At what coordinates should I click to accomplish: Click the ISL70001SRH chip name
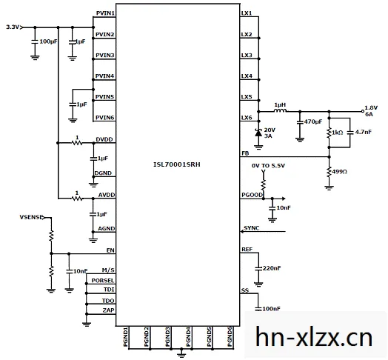pyautogui.click(x=177, y=164)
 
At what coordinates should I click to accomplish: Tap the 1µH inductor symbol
pyautogui.click(x=281, y=110)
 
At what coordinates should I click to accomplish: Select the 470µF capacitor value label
pyautogui.click(x=313, y=121)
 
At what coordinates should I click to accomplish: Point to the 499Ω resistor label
pyautogui.click(x=339, y=172)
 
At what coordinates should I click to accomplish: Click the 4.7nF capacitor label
pyautogui.click(x=364, y=132)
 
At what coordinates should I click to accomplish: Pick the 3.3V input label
pyautogui.click(x=13, y=27)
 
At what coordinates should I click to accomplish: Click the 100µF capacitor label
pyautogui.click(x=49, y=41)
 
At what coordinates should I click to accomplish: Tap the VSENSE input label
pyautogui.click(x=32, y=217)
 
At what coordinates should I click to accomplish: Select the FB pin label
pyautogui.click(x=245, y=153)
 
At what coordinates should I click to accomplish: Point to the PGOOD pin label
pyautogui.click(x=252, y=195)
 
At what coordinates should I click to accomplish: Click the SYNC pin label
pyautogui.click(x=252, y=228)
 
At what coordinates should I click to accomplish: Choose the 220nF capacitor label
pyautogui.click(x=272, y=268)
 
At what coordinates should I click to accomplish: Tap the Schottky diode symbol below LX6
pyautogui.click(x=258, y=133)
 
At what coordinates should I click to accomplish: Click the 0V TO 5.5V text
pyautogui.click(x=268, y=166)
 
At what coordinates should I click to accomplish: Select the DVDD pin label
pyautogui.click(x=104, y=139)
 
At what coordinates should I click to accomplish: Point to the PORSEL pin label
pyautogui.click(x=103, y=281)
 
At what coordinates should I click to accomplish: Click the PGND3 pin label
pyautogui.click(x=167, y=337)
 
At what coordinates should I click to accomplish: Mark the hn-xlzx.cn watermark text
pyautogui.click(x=314, y=337)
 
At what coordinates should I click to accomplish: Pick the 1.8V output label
pyautogui.click(x=371, y=107)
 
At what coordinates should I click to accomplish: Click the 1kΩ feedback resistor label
pyautogui.click(x=337, y=133)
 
